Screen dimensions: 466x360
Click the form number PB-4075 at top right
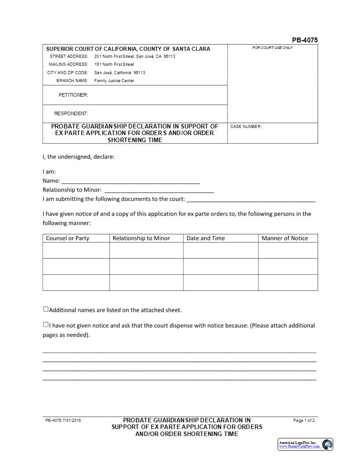tap(304, 40)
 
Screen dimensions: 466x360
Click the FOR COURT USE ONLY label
tap(272, 48)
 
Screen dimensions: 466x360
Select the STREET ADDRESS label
tap(69, 56)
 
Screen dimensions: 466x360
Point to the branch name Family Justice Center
tap(114, 81)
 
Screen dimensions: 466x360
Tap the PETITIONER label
tap(73, 95)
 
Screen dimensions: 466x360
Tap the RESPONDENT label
tap(71, 113)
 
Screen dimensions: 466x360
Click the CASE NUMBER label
tap(246, 127)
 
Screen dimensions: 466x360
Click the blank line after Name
tap(131, 181)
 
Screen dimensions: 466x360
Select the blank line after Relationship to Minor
tap(159, 190)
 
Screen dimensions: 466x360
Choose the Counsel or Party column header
tap(67, 238)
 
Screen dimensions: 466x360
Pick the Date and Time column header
tap(206, 238)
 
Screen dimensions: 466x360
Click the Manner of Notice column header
tap(285, 238)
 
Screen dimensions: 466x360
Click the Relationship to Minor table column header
tap(141, 238)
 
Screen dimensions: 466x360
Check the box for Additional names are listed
tap(46, 309)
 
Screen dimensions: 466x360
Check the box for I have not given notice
tap(46, 325)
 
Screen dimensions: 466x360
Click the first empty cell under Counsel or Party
tap(76, 250)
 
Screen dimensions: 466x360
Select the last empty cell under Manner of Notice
tap(288, 282)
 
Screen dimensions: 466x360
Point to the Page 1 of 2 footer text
tap(304, 421)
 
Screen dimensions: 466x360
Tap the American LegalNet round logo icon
tap(327, 444)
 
